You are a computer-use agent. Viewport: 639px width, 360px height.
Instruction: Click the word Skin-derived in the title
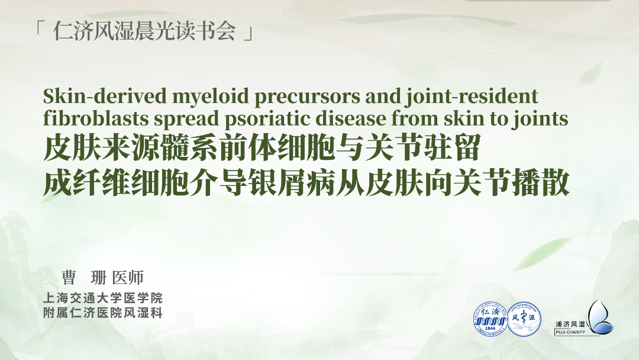click(105, 97)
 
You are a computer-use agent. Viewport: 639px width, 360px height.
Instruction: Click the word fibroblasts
click(96, 118)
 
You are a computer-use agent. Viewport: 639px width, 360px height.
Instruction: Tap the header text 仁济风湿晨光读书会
click(145, 31)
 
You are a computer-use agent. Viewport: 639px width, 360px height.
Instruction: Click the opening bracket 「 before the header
click(40, 27)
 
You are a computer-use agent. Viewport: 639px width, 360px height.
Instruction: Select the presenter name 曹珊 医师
click(103, 278)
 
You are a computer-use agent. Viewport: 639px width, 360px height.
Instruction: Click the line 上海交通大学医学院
click(103, 298)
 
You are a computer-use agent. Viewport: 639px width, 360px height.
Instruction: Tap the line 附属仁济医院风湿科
click(103, 313)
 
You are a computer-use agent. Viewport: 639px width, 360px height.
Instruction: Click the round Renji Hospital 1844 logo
click(490, 319)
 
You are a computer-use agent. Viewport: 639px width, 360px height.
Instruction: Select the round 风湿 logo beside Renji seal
click(524, 319)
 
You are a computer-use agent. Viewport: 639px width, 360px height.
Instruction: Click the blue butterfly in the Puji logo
click(601, 317)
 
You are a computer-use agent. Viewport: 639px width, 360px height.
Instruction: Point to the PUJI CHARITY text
click(570, 332)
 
